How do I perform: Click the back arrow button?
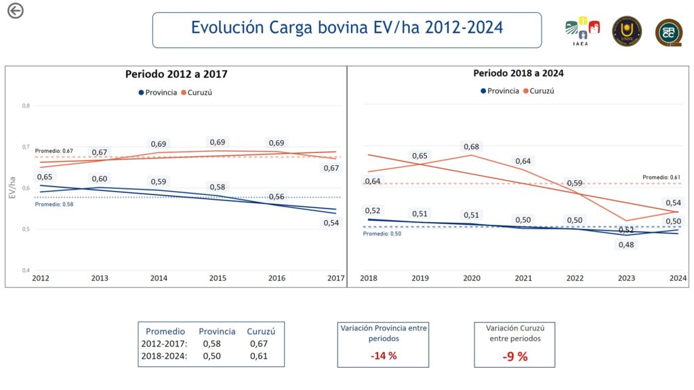15,10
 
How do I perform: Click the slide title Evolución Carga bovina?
346,28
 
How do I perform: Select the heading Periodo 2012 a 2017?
176,74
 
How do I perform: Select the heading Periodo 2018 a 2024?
518,73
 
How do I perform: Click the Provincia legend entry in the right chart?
499,91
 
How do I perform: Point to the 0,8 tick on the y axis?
26,106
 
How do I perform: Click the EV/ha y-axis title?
12,187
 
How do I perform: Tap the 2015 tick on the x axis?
218,278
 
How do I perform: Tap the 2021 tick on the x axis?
523,278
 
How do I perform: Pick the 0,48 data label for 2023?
626,244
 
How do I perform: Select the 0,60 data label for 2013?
100,179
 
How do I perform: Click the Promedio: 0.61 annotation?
661,177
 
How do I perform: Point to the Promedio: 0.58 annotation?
54,203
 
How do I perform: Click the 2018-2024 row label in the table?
163,356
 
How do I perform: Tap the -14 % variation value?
383,355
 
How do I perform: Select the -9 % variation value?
515,356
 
